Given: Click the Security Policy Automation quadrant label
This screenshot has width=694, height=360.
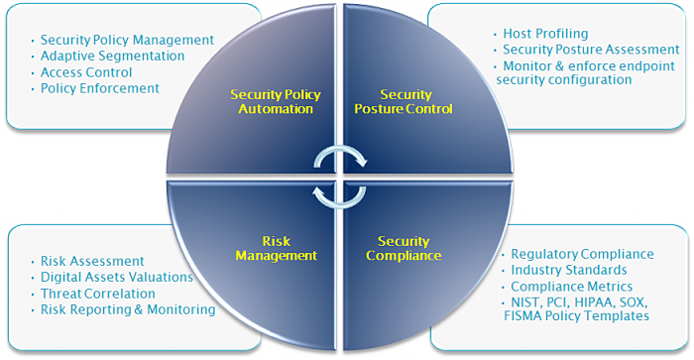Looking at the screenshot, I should tap(271, 101).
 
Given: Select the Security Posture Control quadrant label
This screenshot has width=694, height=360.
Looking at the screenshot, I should tap(404, 101).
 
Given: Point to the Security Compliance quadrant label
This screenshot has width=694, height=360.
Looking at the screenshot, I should tap(404, 248).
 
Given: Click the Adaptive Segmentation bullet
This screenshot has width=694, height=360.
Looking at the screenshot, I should tap(112, 57).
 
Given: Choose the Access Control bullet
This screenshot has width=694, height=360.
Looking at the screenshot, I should tap(86, 72).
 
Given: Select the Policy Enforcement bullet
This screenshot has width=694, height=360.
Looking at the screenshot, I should tap(99, 88).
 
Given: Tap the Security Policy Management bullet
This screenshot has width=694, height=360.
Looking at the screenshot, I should tap(127, 41).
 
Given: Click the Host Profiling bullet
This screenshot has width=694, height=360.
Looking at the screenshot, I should tap(545, 34).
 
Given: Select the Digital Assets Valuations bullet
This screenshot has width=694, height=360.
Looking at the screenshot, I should tap(116, 278).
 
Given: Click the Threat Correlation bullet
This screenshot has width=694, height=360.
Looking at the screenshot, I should tap(97, 294).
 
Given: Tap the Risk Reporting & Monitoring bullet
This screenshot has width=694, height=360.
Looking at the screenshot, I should tap(128, 309).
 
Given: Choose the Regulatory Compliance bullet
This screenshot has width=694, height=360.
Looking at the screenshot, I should tap(582, 255).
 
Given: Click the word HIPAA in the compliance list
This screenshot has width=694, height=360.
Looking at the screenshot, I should tap(586, 301).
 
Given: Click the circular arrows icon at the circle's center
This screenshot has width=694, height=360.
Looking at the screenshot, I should tap(340, 176).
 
